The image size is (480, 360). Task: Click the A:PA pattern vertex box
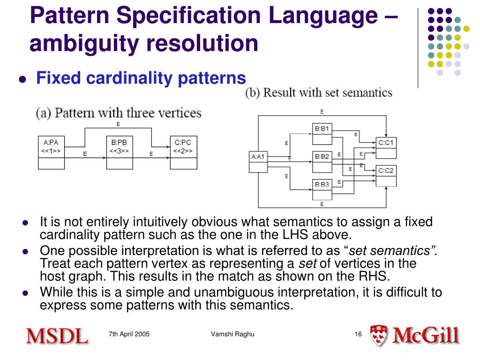click(52, 152)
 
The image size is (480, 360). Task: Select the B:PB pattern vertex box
click(119, 152)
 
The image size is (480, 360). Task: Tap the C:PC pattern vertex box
click(183, 152)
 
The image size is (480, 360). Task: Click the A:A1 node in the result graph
click(258, 162)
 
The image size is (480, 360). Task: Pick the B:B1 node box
click(322, 133)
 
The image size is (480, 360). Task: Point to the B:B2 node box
click(322, 161)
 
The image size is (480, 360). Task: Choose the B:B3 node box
click(322, 189)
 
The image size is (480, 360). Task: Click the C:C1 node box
click(386, 147)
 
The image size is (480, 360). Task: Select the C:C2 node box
click(386, 175)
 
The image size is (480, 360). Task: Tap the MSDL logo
click(57, 336)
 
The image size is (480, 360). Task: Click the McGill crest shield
click(378, 336)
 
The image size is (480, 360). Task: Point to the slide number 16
click(358, 334)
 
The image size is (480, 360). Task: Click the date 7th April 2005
click(129, 334)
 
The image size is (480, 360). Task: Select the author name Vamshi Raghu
click(232, 334)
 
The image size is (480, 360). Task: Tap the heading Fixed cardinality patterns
click(141, 78)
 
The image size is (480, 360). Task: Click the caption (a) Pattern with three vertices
click(119, 113)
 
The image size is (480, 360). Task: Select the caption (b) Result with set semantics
click(319, 92)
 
